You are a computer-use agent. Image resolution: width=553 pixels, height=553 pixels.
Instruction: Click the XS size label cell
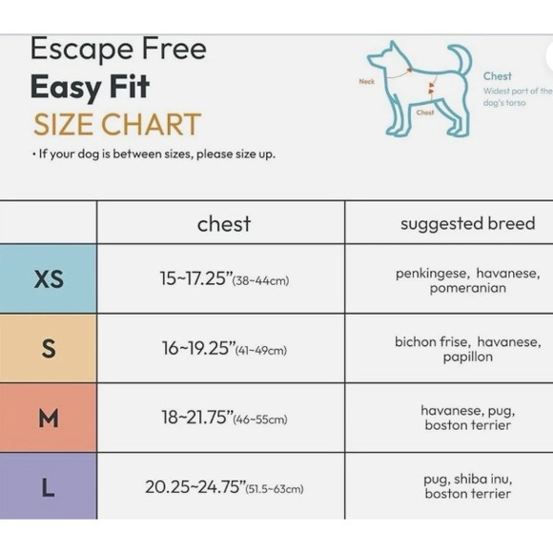(48, 278)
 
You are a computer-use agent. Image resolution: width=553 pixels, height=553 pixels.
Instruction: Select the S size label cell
(48, 348)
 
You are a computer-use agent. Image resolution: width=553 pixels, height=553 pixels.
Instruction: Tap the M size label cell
(48, 418)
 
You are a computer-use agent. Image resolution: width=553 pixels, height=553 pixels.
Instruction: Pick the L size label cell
(48, 487)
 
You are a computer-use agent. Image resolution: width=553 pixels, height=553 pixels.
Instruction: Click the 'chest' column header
(223, 224)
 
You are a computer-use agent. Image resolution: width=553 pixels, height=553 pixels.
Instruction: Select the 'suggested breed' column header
(467, 224)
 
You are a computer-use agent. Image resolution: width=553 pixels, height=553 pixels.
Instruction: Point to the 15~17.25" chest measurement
(224, 279)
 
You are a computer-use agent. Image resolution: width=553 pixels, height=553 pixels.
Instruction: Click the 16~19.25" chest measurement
(224, 349)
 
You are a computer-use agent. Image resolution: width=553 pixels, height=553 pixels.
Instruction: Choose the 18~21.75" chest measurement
(224, 419)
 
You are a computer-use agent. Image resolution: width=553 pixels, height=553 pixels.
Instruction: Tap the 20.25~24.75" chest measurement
(224, 487)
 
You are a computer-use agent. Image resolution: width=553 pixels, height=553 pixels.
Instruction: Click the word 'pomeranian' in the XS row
(467, 288)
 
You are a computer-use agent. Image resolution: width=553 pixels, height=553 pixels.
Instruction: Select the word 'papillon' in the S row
(467, 357)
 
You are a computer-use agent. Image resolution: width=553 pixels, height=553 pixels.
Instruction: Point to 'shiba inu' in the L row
(489, 480)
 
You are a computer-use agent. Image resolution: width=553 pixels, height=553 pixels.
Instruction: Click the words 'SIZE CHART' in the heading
(116, 125)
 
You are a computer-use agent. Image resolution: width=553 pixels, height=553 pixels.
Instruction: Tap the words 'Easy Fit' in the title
(90, 87)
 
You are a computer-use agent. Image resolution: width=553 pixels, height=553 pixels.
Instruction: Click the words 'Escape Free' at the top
(117, 49)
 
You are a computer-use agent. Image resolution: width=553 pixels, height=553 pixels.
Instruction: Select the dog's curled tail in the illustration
(461, 59)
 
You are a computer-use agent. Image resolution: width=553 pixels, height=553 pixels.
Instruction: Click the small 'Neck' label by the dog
(366, 82)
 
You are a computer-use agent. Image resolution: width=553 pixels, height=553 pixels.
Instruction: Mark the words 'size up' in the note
(256, 154)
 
